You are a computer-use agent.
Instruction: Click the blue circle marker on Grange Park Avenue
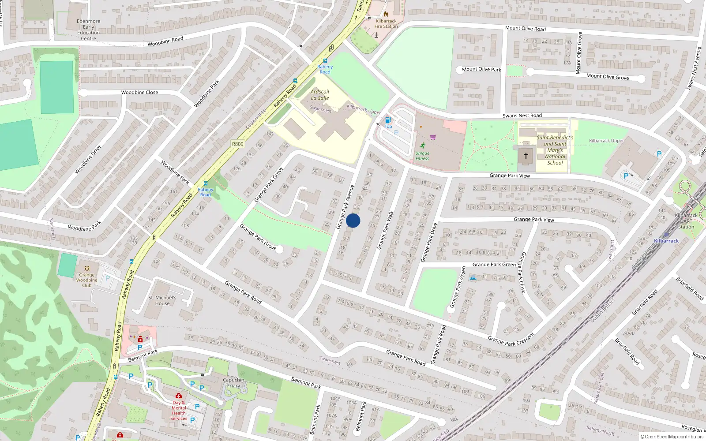coord(353,220)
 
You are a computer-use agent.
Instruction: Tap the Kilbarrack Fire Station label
coord(386,24)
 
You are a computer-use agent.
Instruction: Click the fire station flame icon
coord(386,14)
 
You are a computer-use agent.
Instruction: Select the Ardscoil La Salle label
coord(320,95)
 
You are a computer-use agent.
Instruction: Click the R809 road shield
coord(237,144)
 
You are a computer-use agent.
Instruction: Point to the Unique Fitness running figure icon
coord(423,146)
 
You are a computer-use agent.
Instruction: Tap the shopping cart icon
coord(433,137)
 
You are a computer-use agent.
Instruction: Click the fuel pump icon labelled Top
coord(388,120)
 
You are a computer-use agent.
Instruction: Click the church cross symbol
coord(526,156)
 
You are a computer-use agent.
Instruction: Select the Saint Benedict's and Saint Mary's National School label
coord(555,150)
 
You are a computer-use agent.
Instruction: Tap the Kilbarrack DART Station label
coord(686,221)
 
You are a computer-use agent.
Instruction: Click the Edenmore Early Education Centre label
coord(88,30)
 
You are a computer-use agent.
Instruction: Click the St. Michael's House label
coord(162,300)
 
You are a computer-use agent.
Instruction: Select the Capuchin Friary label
coord(233,383)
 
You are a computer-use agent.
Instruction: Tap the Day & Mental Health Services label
coord(179,411)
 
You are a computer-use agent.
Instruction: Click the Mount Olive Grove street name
coord(608,77)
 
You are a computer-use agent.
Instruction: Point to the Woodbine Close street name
coord(139,93)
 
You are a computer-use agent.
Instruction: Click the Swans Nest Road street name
coord(522,116)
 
